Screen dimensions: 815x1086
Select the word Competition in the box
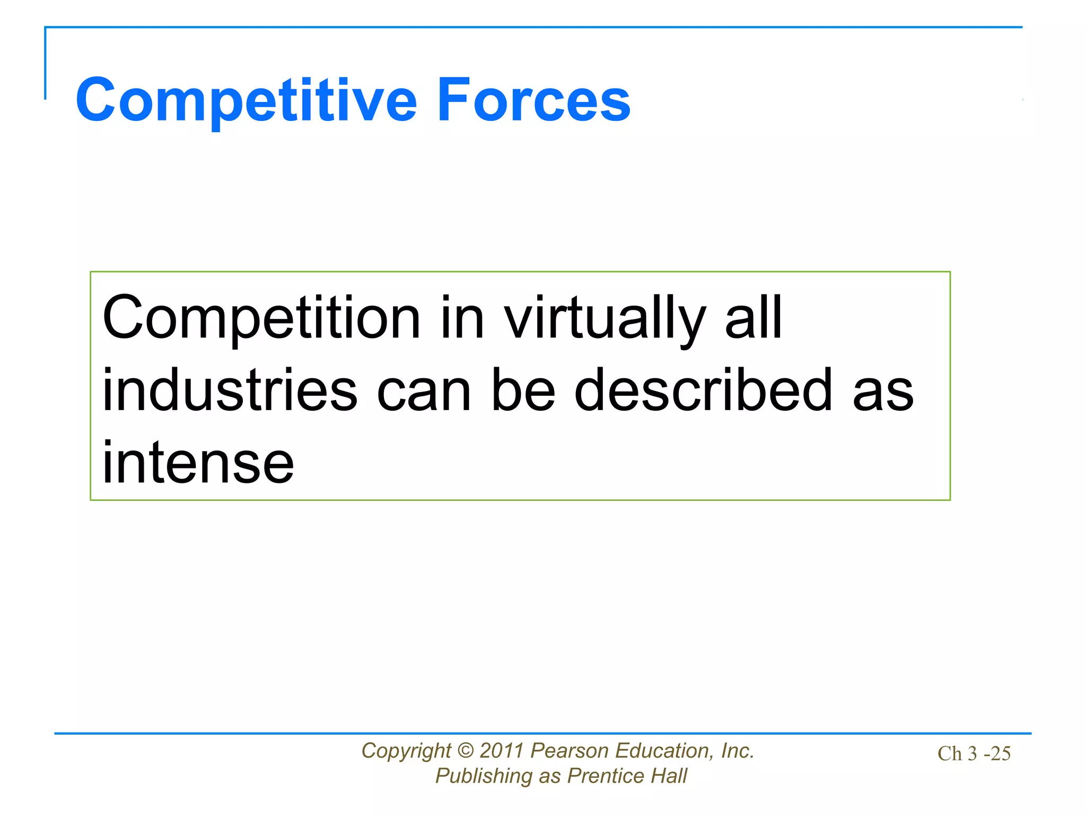point(261,318)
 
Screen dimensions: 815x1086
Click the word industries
point(230,391)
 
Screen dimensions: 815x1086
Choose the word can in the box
point(424,392)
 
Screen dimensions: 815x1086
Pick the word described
point(704,391)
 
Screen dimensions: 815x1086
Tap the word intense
point(198,464)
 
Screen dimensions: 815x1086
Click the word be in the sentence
point(523,391)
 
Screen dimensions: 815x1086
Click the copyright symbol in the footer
point(465,751)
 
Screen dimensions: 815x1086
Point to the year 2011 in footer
point(502,751)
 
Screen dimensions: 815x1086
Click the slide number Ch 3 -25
point(974,753)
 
